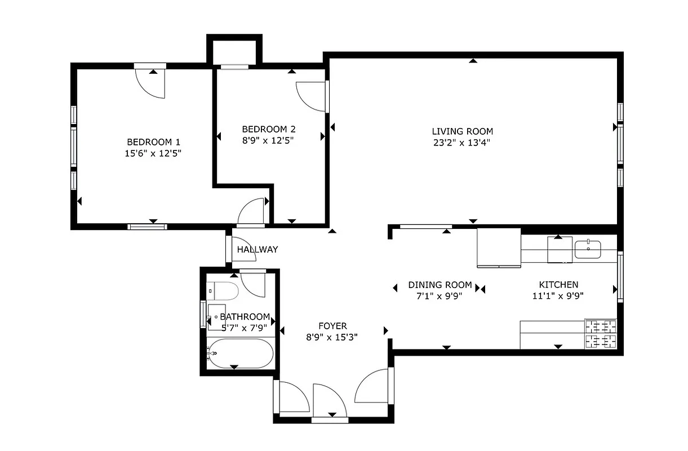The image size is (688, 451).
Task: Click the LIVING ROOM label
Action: pos(462,131)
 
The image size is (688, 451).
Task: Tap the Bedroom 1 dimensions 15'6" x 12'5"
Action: pos(153,153)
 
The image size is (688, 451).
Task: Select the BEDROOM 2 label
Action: pos(268,128)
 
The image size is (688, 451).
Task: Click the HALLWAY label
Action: pos(257,249)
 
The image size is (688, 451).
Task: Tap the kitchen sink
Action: pos(588,249)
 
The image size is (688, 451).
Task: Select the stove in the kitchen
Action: pos(601,333)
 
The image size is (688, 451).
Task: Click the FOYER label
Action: pos(332,326)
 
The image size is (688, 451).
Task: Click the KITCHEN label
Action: pos(558,285)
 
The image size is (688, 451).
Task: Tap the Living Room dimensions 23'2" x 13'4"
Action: pos(462,143)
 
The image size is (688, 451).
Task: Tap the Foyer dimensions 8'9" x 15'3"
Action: pos(332,337)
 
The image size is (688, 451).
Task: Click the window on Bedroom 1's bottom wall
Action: pos(147,227)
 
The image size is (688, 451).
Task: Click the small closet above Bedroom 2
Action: pos(234,51)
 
